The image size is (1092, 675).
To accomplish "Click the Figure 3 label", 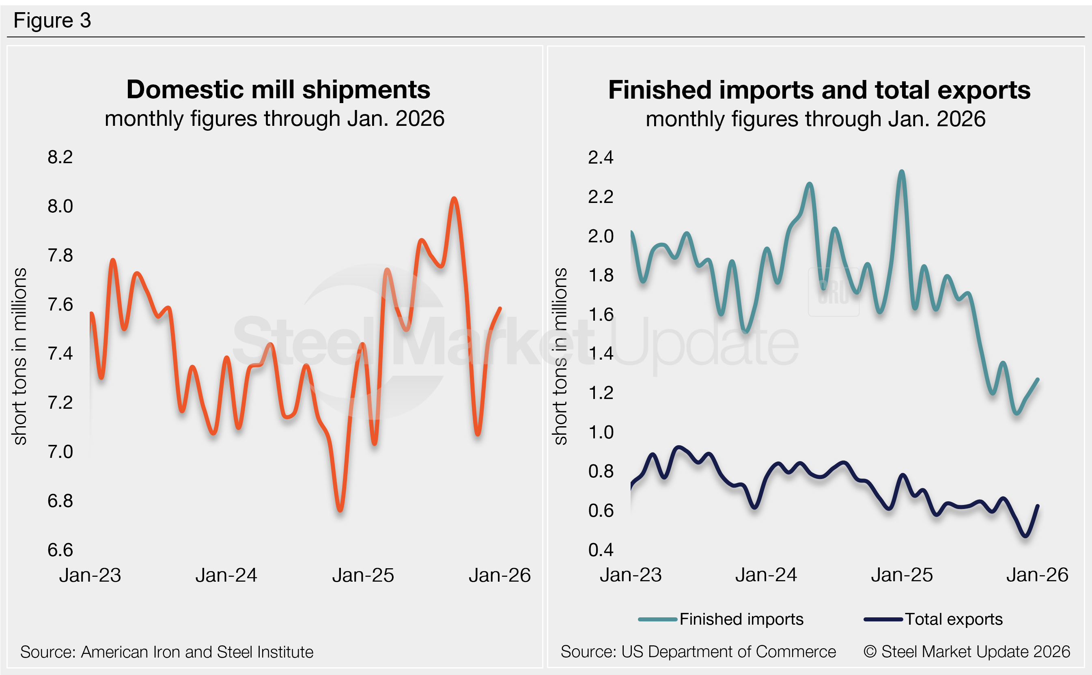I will [x=52, y=21].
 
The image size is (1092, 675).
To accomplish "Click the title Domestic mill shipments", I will [x=278, y=89].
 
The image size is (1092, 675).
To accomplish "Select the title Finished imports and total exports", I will [x=819, y=90].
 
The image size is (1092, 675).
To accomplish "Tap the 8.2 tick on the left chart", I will [x=60, y=157].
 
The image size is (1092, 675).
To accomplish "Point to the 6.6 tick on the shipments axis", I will [x=60, y=550].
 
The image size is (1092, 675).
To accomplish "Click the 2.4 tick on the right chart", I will [x=601, y=157].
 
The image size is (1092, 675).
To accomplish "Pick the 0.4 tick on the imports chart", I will [x=601, y=550].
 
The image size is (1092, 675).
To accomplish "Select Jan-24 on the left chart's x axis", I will [x=226, y=576].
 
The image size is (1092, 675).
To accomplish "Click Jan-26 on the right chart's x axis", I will [x=1037, y=575].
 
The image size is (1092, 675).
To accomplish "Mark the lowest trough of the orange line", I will [x=340, y=510].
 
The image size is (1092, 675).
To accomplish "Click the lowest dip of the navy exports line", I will [x=1025, y=536].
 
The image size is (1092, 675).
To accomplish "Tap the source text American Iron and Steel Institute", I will [x=197, y=652].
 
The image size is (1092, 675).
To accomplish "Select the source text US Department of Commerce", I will [x=728, y=652].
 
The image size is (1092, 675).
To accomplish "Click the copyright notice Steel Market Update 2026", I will [x=967, y=652].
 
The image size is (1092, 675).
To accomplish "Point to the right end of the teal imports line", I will [x=1038, y=380].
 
